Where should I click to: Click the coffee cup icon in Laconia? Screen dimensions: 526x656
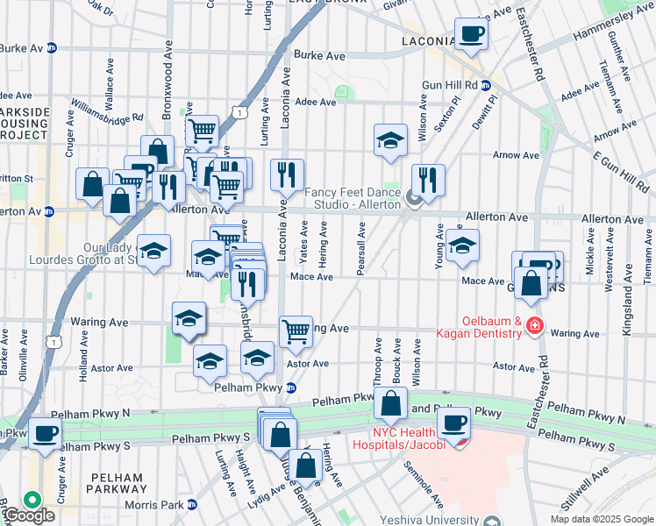coord(471,34)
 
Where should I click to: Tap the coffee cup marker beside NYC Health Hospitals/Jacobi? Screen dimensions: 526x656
coord(453,424)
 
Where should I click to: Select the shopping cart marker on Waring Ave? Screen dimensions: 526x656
coord(296,331)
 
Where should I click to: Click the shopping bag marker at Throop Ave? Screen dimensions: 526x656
coord(391,403)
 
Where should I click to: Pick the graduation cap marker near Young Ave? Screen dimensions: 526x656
coord(461,247)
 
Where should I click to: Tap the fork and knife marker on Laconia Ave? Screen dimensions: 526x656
coord(287,176)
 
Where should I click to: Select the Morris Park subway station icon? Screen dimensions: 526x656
coord(191,504)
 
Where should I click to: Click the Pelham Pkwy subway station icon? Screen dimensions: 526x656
coord(292,387)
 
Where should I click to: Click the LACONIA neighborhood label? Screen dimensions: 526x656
coord(429,41)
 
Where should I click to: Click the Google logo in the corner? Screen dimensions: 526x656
coord(28,515)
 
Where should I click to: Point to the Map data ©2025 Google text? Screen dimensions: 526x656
coord(600,519)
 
